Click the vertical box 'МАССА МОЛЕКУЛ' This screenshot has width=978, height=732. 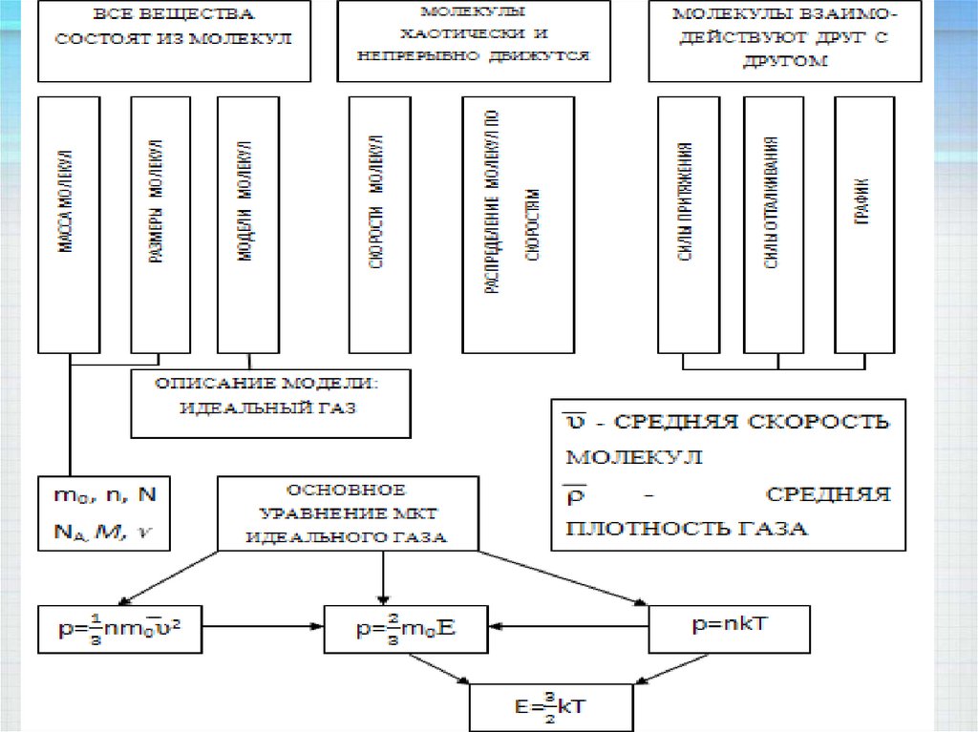[69, 224]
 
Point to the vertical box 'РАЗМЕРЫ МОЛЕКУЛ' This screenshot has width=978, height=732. [159, 224]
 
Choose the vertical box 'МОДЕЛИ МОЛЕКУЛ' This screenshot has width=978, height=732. [247, 224]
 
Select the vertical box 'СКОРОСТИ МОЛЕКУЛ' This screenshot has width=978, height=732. [379, 224]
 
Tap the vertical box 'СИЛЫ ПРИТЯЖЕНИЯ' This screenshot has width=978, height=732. [687, 224]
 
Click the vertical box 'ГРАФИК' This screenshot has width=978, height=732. [863, 224]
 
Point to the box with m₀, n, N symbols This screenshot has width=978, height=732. [104, 513]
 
